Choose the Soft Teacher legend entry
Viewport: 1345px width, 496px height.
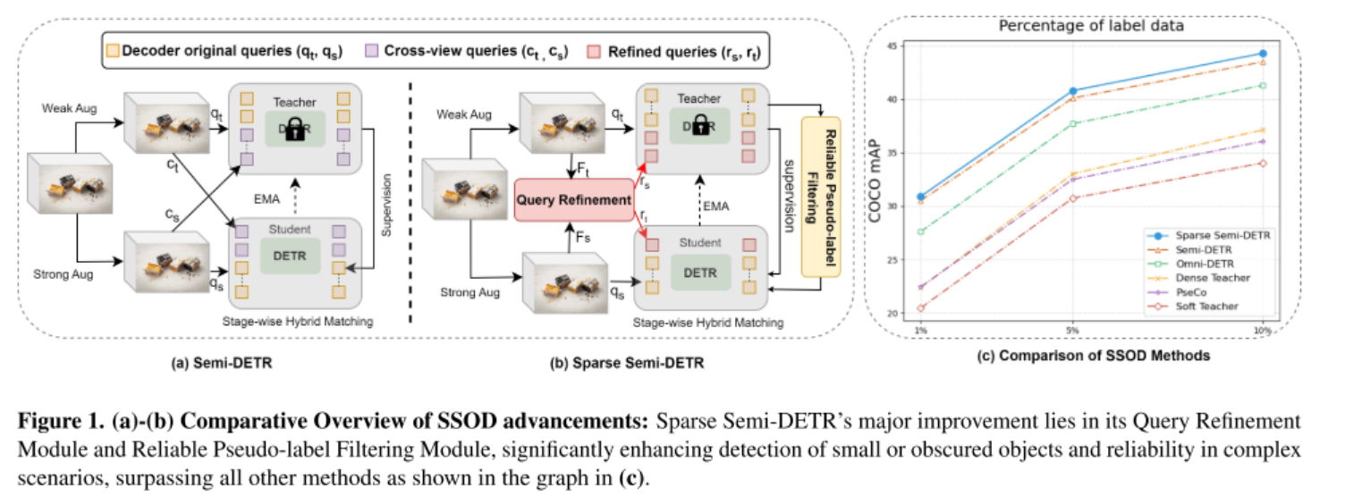click(1213, 307)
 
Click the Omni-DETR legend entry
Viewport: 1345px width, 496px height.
click(1210, 264)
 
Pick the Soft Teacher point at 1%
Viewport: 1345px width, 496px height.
click(921, 308)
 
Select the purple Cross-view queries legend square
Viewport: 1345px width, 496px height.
click(373, 52)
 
